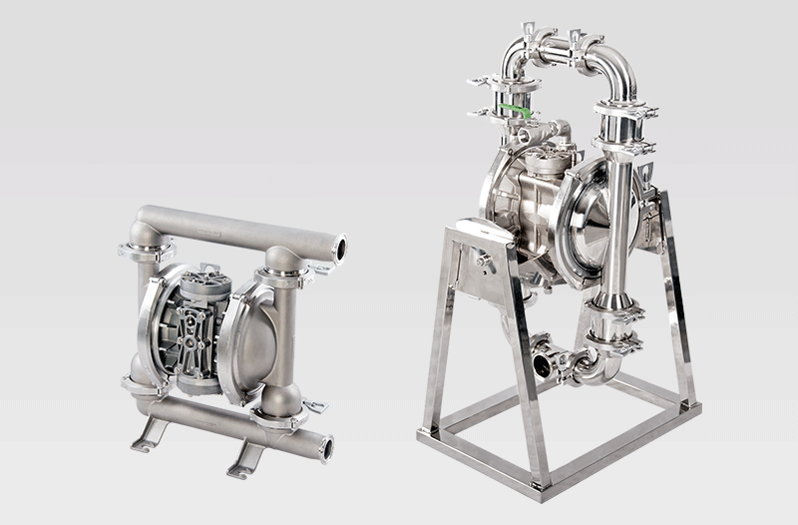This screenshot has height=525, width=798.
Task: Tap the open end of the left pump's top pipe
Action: point(340,245)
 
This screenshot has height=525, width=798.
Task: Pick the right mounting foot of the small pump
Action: point(245,457)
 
